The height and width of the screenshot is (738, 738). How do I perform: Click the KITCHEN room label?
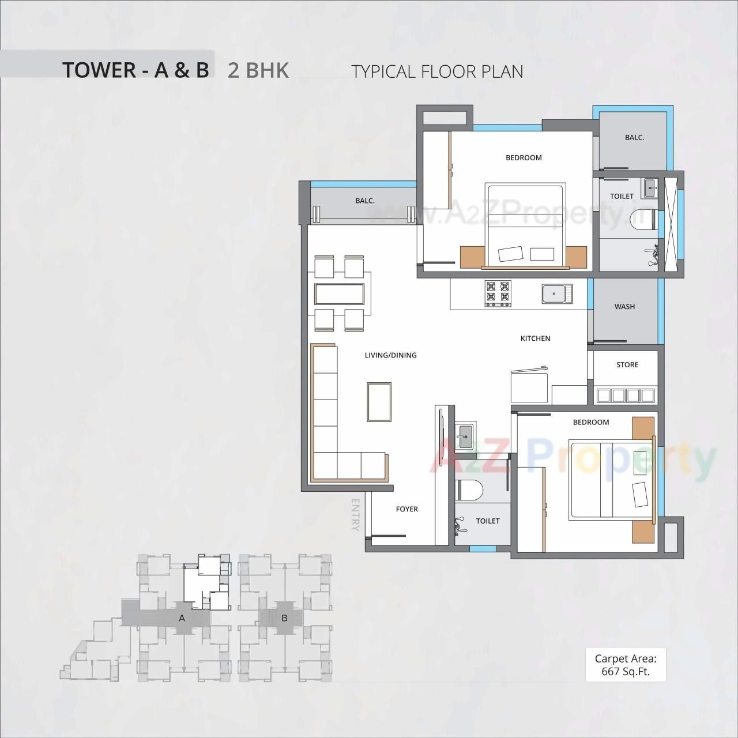pyautogui.click(x=535, y=338)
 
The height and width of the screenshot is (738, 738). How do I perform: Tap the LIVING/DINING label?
pyautogui.click(x=390, y=355)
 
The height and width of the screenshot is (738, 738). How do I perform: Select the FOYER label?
pyautogui.click(x=406, y=509)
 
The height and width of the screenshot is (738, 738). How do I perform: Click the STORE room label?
pyautogui.click(x=627, y=365)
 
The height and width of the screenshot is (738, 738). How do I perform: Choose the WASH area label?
pyautogui.click(x=624, y=307)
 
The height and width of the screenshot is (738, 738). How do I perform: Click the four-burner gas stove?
pyautogui.click(x=498, y=292)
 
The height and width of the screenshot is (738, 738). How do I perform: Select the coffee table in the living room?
pyautogui.click(x=379, y=402)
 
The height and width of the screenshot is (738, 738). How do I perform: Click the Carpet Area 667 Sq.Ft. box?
pyautogui.click(x=626, y=664)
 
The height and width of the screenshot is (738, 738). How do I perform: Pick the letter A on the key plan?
pyautogui.click(x=182, y=618)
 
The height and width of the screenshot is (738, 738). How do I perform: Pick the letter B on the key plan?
pyautogui.click(x=284, y=618)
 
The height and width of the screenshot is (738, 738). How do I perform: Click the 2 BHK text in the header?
pyautogui.click(x=258, y=70)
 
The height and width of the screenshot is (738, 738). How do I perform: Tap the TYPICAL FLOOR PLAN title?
pyautogui.click(x=437, y=71)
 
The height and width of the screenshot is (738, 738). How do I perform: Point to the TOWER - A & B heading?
pyautogui.click(x=135, y=70)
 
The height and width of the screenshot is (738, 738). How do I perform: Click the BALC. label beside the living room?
pyautogui.click(x=365, y=201)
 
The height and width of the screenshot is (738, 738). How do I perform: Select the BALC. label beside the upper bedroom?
pyautogui.click(x=634, y=138)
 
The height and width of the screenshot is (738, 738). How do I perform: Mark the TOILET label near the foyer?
pyautogui.click(x=487, y=521)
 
